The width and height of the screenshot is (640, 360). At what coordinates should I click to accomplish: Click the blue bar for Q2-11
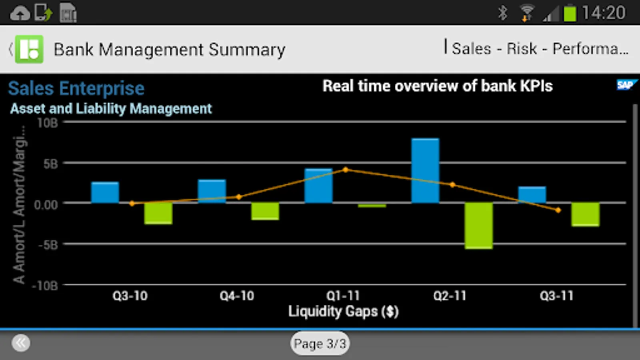425,171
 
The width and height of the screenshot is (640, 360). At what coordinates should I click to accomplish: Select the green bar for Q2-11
478,226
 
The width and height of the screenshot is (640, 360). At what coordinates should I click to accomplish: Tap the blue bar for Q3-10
105,193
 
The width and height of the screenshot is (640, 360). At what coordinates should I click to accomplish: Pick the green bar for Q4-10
265,211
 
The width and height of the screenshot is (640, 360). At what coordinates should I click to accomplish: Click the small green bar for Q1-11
372,206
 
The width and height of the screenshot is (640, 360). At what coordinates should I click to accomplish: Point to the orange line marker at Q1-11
346,170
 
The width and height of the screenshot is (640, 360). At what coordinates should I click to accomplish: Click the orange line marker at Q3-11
558,210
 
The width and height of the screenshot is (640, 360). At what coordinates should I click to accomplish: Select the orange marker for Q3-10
132,204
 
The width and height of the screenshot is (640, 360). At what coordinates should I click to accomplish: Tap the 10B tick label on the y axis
47,123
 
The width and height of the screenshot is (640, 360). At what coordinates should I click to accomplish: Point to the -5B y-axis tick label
48,244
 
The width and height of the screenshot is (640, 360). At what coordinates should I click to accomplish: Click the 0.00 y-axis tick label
46,204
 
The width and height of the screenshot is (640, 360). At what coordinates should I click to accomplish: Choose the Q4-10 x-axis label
237,296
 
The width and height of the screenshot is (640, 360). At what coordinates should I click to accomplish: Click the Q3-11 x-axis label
556,296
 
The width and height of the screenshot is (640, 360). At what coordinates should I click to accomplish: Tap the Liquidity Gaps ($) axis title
343,312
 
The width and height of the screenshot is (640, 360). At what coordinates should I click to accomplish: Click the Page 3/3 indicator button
320,343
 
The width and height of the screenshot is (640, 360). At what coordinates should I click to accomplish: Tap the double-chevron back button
21,343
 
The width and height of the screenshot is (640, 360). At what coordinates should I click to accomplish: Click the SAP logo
625,85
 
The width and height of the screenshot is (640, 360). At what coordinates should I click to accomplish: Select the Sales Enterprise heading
76,88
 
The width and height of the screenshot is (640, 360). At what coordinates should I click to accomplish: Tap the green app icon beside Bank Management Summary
29,49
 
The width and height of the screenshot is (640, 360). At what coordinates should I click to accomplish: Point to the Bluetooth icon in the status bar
502,13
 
